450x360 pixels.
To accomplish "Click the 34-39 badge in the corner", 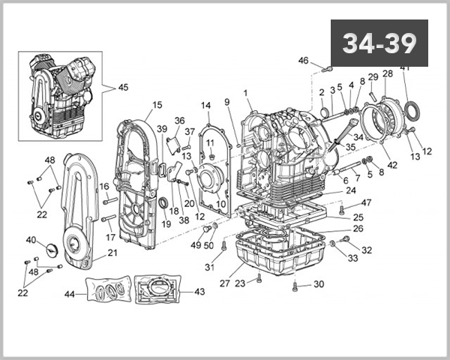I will (379, 43).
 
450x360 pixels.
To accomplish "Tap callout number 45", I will (123, 87).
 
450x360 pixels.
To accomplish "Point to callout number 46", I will (303, 61).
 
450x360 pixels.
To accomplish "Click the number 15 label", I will (157, 105).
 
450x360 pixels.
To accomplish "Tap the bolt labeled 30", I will (297, 285).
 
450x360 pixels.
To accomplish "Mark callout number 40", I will (31, 240).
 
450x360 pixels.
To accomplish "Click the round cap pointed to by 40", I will (52, 250).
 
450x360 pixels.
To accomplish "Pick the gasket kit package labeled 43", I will (157, 292).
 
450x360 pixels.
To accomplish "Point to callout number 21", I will (113, 253).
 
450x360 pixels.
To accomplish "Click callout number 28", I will (387, 73).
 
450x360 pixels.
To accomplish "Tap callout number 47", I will (366, 202).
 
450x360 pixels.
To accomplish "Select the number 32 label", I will (367, 250).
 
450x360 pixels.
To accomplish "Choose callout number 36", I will (179, 121).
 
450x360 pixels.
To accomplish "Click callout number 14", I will (205, 105).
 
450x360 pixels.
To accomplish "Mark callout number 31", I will (211, 268).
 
